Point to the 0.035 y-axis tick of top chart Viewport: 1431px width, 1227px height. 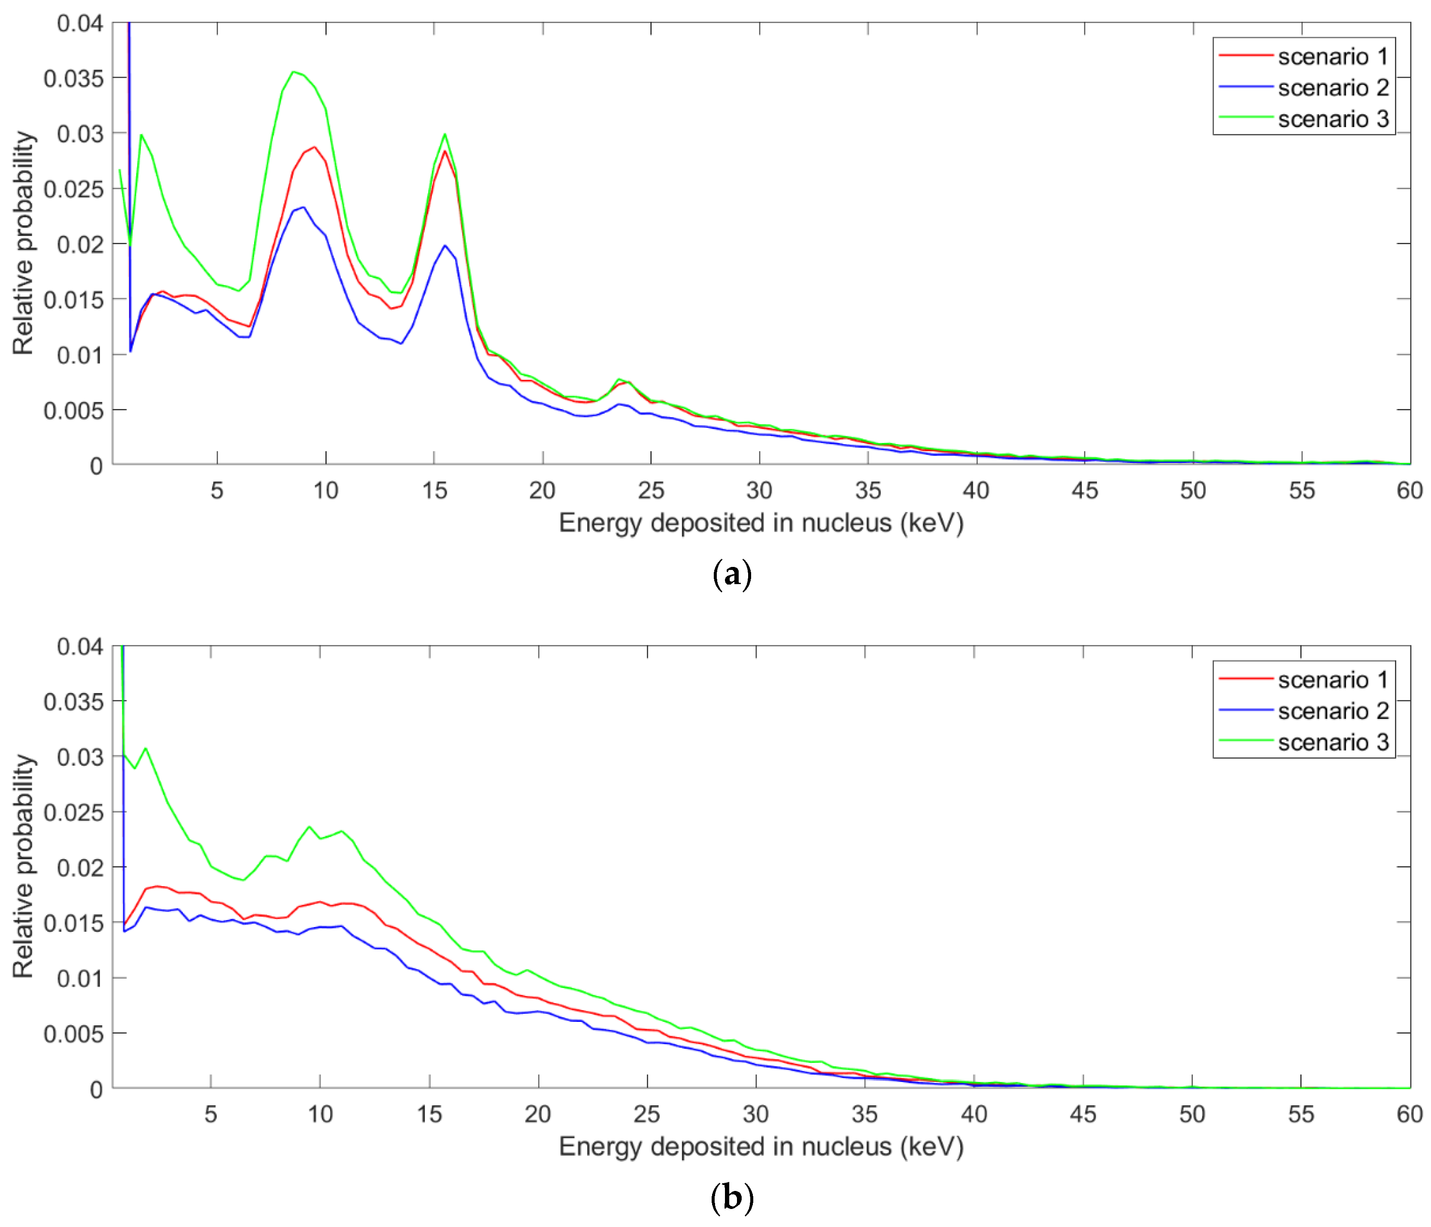[73, 79]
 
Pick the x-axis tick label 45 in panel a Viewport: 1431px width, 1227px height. [1084, 491]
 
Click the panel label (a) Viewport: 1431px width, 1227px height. [731, 575]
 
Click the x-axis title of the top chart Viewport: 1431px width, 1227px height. [761, 524]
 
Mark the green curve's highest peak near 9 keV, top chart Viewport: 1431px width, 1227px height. [294, 72]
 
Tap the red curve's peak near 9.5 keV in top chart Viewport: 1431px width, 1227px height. [314, 146]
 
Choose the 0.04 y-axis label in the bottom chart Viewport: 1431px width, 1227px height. [80, 647]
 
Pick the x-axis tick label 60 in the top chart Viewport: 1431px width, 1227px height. [1409, 491]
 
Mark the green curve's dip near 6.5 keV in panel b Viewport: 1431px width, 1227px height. [243, 880]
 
